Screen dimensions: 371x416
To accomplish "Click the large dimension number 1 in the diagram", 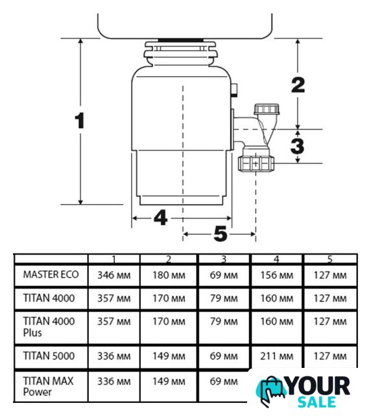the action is [x=80, y=120].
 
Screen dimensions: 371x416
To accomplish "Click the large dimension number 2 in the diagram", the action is [x=298, y=85].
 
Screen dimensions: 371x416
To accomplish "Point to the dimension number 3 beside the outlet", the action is [x=297, y=146].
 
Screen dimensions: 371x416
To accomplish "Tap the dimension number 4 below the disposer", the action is [x=160, y=217].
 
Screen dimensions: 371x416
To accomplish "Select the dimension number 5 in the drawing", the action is [x=221, y=234].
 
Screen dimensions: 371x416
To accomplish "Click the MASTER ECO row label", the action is [x=51, y=274].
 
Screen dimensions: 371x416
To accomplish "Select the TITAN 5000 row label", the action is [x=49, y=356].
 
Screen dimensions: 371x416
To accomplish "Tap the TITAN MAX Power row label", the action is [x=48, y=386].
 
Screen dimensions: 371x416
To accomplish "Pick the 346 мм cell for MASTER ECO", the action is [x=114, y=275].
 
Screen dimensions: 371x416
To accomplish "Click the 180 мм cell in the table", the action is [x=169, y=275].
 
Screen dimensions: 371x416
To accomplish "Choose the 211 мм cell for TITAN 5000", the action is [x=276, y=356].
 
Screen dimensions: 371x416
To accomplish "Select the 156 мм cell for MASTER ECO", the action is [x=276, y=275].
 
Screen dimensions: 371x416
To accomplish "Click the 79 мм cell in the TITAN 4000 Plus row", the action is [x=224, y=322].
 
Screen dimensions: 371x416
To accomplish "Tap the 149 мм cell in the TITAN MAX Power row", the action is [x=169, y=382].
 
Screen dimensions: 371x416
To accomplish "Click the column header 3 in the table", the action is [x=224, y=259].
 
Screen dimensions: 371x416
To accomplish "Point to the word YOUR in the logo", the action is [x=318, y=386].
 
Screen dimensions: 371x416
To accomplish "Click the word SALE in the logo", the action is [x=317, y=402].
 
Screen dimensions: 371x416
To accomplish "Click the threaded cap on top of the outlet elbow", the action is [x=267, y=109].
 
